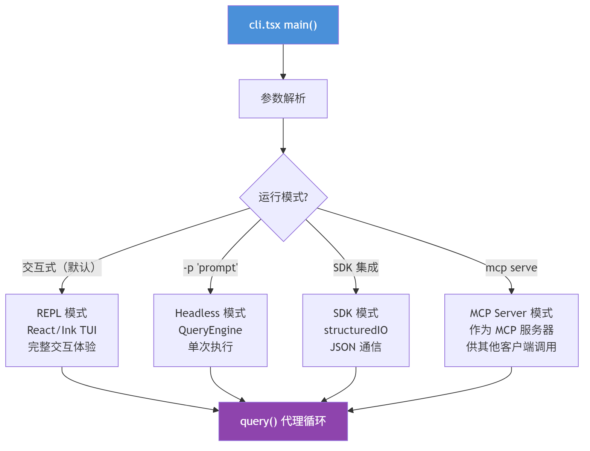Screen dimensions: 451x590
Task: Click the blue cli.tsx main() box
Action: (283, 25)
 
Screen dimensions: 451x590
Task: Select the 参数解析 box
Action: (283, 99)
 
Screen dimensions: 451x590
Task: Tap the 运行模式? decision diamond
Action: (283, 197)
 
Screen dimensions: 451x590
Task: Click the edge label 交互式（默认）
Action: (62, 268)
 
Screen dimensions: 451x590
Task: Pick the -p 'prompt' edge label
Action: (210, 268)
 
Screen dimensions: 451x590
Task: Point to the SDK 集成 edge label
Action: (356, 268)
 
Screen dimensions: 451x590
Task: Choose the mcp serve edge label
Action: (511, 268)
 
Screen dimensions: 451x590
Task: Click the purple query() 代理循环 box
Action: (283, 421)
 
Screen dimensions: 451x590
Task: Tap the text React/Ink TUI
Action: (62, 330)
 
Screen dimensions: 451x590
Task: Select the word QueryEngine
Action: (210, 330)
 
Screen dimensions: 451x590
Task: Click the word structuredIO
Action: (356, 330)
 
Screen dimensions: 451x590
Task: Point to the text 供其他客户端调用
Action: (511, 347)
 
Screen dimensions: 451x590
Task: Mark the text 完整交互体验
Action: (62, 347)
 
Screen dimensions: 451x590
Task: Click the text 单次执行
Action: (210, 347)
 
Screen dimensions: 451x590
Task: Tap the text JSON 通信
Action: (356, 347)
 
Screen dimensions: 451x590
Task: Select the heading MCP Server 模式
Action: (511, 313)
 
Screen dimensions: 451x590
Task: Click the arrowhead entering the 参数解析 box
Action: (283, 76)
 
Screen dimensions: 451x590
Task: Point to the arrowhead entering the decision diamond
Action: (283, 151)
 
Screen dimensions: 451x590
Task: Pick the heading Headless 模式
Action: (210, 313)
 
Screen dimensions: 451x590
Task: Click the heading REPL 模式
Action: (62, 313)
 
